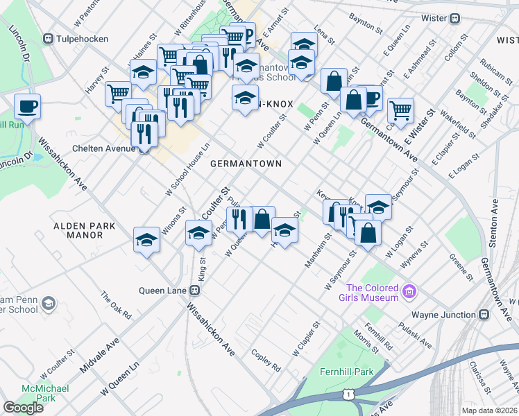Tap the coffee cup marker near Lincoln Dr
pyautogui.click(x=27, y=107)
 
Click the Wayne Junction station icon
pyautogui.click(x=484, y=315)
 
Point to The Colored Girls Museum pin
pyautogui.click(x=409, y=292)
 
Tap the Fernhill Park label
pyautogui.click(x=346, y=372)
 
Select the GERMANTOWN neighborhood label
pyautogui.click(x=246, y=164)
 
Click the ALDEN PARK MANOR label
pyautogui.click(x=78, y=230)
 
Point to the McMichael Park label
pyautogui.click(x=45, y=393)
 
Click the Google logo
pyautogui.click(x=23, y=408)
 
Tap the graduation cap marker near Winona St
pyautogui.click(x=146, y=239)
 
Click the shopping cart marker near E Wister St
pyautogui.click(x=400, y=110)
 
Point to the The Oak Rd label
pyautogui.click(x=116, y=305)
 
